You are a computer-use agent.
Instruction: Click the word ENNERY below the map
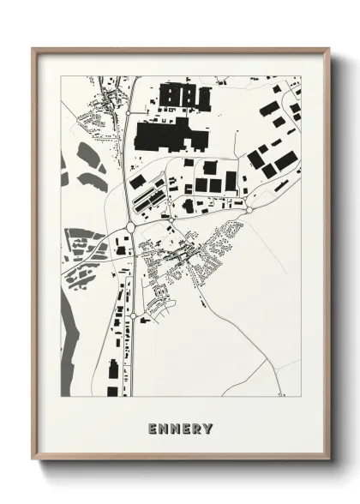(179, 427)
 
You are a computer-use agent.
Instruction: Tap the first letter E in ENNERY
(152, 427)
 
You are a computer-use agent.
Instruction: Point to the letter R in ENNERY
(197, 427)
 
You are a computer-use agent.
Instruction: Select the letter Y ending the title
(208, 427)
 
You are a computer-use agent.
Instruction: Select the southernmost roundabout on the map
(133, 317)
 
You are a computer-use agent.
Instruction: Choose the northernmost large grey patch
(88, 156)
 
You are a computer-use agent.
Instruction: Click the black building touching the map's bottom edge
(112, 391)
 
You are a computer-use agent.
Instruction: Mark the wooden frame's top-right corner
(328, 49)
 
